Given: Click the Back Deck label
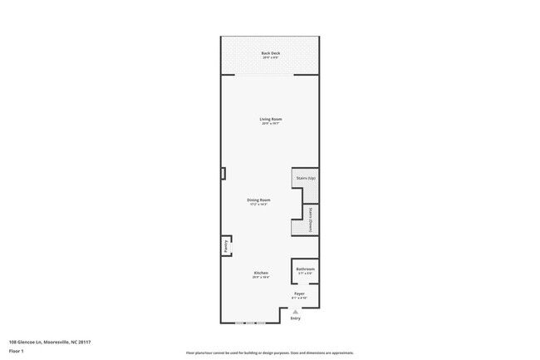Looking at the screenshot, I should coord(271,53).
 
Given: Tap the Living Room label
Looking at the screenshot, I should coord(271,119).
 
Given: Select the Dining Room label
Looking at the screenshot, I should coord(258,200).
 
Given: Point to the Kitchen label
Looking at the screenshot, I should coord(261,273).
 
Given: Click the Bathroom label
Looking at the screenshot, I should coord(306,269).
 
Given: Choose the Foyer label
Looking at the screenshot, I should coord(299,293).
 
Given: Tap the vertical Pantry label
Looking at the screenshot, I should coord(225,246).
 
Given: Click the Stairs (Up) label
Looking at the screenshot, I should coord(306,178).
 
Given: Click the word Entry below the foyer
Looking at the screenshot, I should coord(295,318).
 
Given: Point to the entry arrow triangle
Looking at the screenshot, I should coord(295,311).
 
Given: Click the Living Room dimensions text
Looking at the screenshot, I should coord(271,124).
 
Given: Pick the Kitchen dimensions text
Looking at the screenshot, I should coord(261,278).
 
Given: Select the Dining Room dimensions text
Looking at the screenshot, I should coord(258,205).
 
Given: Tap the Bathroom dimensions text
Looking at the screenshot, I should coord(306,274).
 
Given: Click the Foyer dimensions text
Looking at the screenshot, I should coord(299,298).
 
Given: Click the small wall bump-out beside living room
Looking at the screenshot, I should coord(223,173).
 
